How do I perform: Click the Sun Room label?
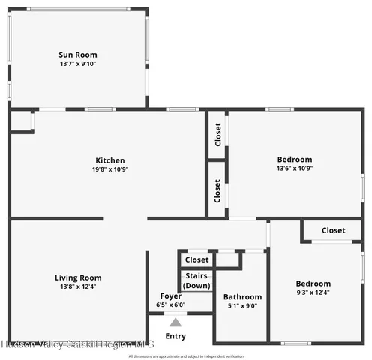pos(78,55)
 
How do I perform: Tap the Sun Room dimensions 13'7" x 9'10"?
pos(78,64)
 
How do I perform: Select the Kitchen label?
pos(109,160)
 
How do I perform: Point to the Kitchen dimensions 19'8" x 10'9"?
pos(109,169)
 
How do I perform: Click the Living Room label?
pos(78,277)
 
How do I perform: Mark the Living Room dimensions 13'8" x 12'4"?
pos(78,286)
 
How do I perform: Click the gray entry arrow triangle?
pos(175,322)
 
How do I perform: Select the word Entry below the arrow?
pos(175,336)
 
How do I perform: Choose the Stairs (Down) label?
pos(196,280)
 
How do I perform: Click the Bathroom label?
pos(243,297)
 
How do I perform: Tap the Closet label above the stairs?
pos(196,259)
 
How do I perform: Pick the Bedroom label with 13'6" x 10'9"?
pos(295,160)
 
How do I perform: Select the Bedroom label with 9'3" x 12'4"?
pos(313,283)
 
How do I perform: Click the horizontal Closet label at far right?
pos(333,230)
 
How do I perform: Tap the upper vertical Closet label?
pos(217,135)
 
